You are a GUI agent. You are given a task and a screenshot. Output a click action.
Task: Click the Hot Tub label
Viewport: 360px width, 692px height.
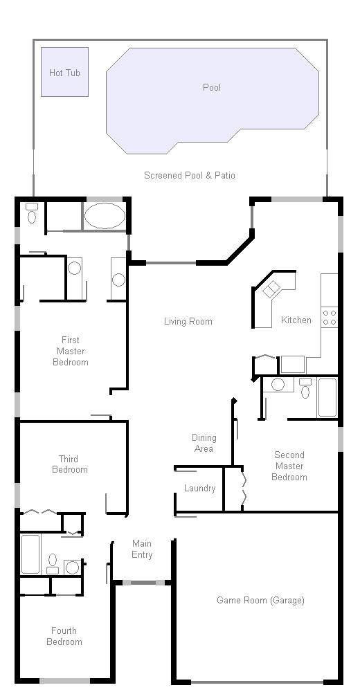(64, 73)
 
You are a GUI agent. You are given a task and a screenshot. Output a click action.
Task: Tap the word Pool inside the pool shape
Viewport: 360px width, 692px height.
(212, 87)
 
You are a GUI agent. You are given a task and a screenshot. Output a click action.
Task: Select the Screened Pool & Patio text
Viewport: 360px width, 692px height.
(190, 175)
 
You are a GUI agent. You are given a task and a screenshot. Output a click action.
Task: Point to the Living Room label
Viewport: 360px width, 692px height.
(188, 321)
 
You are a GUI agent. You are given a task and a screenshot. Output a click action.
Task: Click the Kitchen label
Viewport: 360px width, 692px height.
(296, 320)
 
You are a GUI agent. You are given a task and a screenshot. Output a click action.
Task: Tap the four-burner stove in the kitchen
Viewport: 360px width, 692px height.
(330, 318)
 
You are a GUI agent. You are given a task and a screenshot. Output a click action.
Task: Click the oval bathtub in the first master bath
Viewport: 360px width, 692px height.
(105, 216)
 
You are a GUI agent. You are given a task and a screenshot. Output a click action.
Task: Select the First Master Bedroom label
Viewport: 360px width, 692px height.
(71, 351)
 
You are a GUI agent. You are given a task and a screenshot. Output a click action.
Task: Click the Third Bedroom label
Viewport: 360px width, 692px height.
(70, 464)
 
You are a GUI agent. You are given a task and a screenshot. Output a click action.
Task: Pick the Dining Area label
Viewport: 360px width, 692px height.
(204, 443)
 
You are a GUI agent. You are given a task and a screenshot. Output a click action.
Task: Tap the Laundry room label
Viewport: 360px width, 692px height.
(199, 488)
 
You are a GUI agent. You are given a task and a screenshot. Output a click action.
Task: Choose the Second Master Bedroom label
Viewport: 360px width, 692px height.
(289, 466)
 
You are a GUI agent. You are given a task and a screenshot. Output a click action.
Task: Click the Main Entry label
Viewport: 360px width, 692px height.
(142, 549)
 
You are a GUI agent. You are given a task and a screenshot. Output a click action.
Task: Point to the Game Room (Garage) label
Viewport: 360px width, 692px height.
(260, 600)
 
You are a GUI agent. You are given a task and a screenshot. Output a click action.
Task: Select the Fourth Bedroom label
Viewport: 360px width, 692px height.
(64, 636)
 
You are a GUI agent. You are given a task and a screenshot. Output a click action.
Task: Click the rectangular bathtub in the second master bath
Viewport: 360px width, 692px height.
(327, 397)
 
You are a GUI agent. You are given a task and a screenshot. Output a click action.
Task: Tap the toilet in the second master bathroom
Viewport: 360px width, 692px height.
(305, 388)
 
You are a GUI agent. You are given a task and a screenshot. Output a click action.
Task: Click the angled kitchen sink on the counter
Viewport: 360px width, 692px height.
(271, 289)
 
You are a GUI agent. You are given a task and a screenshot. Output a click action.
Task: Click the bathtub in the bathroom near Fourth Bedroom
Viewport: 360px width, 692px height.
(30, 554)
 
